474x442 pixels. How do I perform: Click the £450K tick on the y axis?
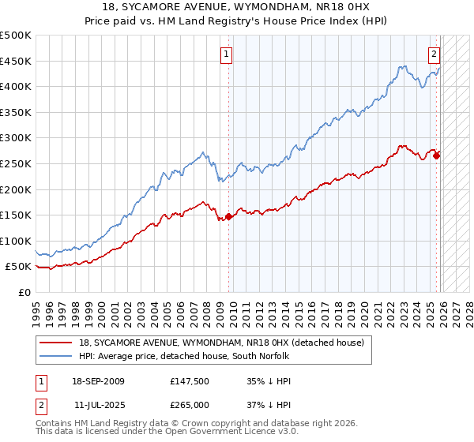pyautogui.click(x=16, y=61)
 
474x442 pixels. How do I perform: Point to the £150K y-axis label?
pyautogui.click(x=16, y=215)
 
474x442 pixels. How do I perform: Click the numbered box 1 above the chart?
pyautogui.click(x=226, y=54)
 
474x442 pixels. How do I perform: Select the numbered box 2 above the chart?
pyautogui.click(x=434, y=54)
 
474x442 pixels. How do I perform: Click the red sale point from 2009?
pyautogui.click(x=229, y=216)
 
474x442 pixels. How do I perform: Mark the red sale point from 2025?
pyautogui.click(x=436, y=155)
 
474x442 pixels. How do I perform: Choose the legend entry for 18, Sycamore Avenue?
pyautogui.click(x=221, y=343)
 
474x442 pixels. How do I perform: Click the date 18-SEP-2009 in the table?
pyautogui.click(x=98, y=381)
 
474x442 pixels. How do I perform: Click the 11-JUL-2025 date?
pyautogui.click(x=98, y=405)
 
